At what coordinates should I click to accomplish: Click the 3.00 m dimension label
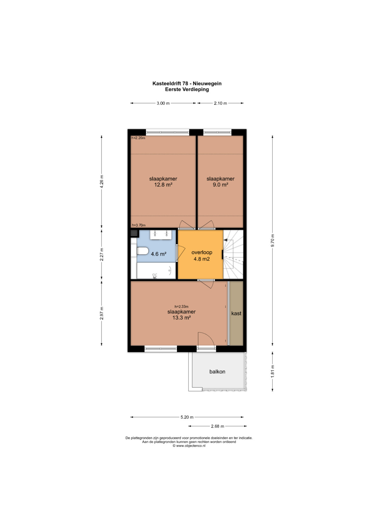(x=163, y=103)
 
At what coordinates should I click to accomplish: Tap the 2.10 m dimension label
(x=220, y=103)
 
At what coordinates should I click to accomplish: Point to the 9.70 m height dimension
(x=273, y=240)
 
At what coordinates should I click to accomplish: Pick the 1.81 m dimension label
(x=273, y=371)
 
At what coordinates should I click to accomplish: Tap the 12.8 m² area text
(x=163, y=185)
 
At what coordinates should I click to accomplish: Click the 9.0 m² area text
(x=220, y=185)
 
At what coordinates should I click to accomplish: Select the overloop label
(x=202, y=252)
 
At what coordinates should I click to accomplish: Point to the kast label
(x=236, y=314)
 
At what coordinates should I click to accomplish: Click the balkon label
(x=217, y=371)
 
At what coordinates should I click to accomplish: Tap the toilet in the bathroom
(x=142, y=251)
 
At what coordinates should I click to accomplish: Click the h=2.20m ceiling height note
(x=138, y=138)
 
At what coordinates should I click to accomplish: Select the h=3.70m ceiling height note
(x=139, y=225)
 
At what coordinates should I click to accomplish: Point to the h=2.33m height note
(x=181, y=307)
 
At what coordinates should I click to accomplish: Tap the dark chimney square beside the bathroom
(x=134, y=233)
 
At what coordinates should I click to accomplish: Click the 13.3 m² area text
(x=181, y=318)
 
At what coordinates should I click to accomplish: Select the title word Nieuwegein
(x=207, y=83)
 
